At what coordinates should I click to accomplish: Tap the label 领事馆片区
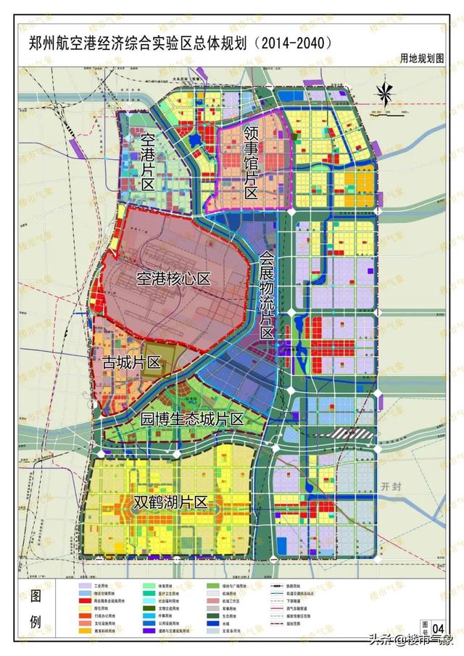(251, 163)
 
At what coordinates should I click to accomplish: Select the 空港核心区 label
(172, 278)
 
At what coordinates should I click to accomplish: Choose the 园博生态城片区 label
(191, 419)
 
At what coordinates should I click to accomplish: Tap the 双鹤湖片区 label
(171, 502)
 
